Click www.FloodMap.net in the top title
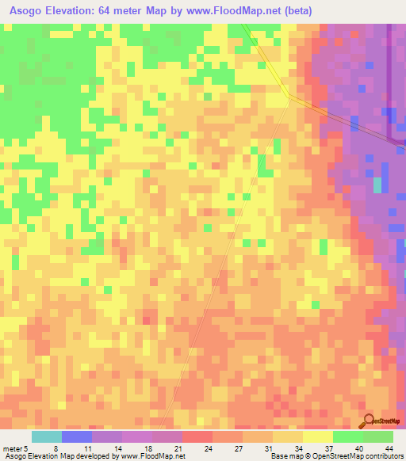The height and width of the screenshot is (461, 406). [x=231, y=11]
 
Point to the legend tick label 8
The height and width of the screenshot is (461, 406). [x=56, y=448]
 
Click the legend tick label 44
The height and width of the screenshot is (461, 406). [x=388, y=448]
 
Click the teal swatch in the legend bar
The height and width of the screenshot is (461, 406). [x=47, y=436]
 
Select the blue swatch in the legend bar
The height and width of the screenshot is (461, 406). [x=77, y=436]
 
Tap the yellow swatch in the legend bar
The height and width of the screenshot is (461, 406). [x=317, y=436]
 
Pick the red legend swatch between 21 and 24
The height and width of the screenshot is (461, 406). [x=197, y=436]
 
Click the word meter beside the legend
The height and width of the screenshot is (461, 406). [x=13, y=448]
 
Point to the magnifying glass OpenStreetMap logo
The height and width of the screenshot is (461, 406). [x=368, y=421]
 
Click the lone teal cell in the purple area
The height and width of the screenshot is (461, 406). [x=377, y=185]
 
